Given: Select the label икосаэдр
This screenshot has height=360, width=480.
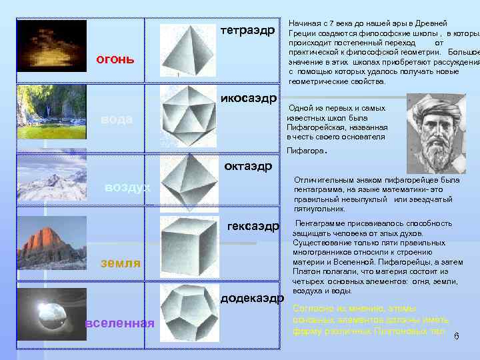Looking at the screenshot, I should [248, 99].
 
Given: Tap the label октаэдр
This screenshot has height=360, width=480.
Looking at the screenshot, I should [249, 165].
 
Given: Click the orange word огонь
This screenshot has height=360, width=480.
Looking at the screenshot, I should [115, 59].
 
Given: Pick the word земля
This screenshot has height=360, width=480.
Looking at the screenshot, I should [120, 263].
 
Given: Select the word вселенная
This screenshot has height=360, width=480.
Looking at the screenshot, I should [120, 323].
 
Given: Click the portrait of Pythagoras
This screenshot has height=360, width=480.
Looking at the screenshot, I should [436, 125].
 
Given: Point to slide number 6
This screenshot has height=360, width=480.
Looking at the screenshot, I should [457, 336].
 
